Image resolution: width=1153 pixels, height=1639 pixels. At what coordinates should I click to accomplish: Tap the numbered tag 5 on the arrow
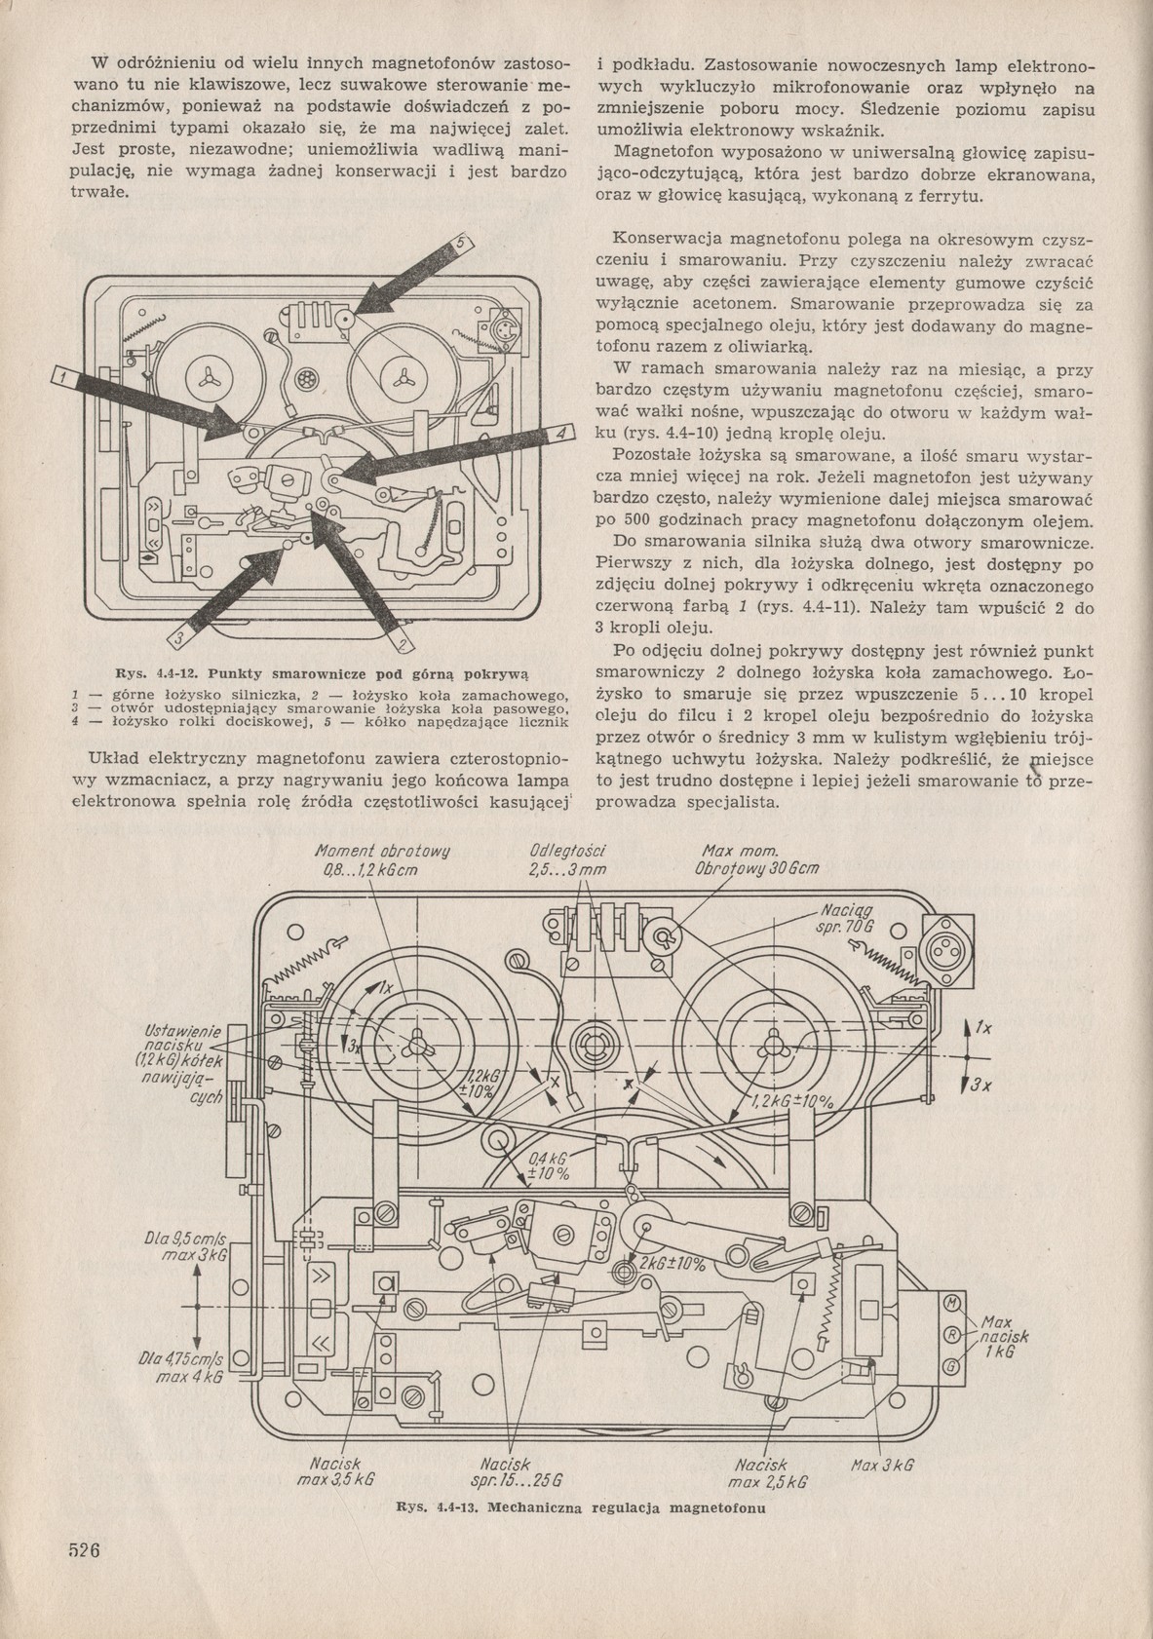(463, 245)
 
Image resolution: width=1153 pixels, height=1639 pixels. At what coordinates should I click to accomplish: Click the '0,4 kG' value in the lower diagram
(547, 1161)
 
